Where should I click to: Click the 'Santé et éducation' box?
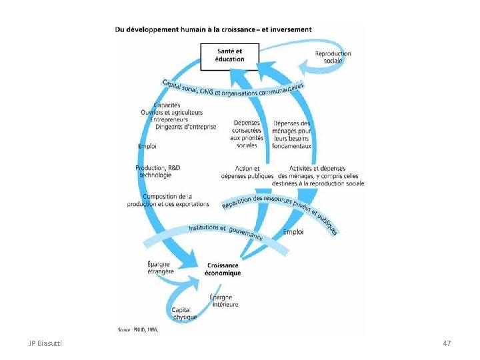point(229,55)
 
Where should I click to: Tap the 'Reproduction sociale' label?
point(333,57)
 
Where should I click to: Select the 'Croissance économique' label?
point(223,269)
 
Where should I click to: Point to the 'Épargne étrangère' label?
point(160,268)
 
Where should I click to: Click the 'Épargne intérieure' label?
point(223,301)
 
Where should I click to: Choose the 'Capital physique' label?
point(184,313)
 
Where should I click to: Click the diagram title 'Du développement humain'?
point(213,29)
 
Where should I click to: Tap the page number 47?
point(447,343)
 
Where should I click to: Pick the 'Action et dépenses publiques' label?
point(247,173)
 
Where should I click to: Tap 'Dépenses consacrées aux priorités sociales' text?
point(247,133)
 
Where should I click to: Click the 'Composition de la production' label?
point(168,200)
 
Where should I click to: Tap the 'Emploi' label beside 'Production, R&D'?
point(147,146)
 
